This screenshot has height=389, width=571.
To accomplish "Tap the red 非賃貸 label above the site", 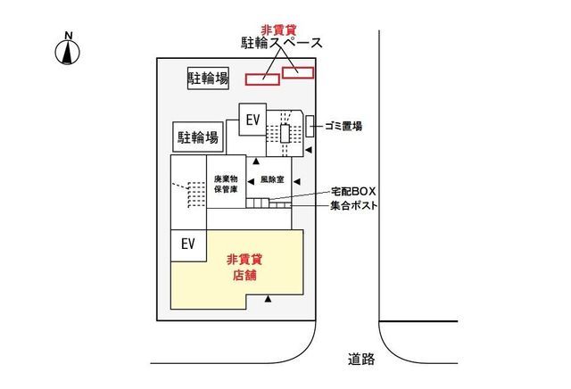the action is click(x=278, y=29).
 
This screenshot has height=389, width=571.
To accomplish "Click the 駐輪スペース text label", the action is click(x=282, y=43).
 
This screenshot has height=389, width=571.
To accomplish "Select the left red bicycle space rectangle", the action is click(x=262, y=79).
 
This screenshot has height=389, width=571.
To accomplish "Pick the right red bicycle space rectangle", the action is click(x=298, y=72).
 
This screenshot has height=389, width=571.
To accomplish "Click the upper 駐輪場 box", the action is click(x=208, y=78).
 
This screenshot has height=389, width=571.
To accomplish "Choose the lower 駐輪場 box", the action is click(x=198, y=137).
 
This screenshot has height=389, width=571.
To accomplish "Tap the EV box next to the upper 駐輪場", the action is click(x=252, y=120).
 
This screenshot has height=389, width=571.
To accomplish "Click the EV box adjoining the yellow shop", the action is click(x=188, y=245).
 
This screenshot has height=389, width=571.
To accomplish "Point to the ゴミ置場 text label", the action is click(x=343, y=127).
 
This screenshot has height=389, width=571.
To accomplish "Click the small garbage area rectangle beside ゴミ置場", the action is click(x=310, y=127).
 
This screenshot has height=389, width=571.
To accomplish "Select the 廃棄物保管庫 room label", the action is click(x=226, y=184).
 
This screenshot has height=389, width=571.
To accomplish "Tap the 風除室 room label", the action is click(x=272, y=179).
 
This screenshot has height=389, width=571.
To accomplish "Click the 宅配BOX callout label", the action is click(x=353, y=191).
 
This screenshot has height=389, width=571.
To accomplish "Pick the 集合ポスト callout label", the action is click(x=353, y=206).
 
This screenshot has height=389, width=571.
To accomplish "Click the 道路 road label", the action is click(x=361, y=360).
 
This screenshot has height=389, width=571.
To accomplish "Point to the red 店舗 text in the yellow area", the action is click(x=244, y=275).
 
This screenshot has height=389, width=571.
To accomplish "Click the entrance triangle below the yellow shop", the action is click(x=268, y=299).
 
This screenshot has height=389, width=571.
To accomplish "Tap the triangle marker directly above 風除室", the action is click(x=256, y=161).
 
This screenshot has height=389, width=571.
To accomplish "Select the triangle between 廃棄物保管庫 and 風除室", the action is click(x=251, y=181).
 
